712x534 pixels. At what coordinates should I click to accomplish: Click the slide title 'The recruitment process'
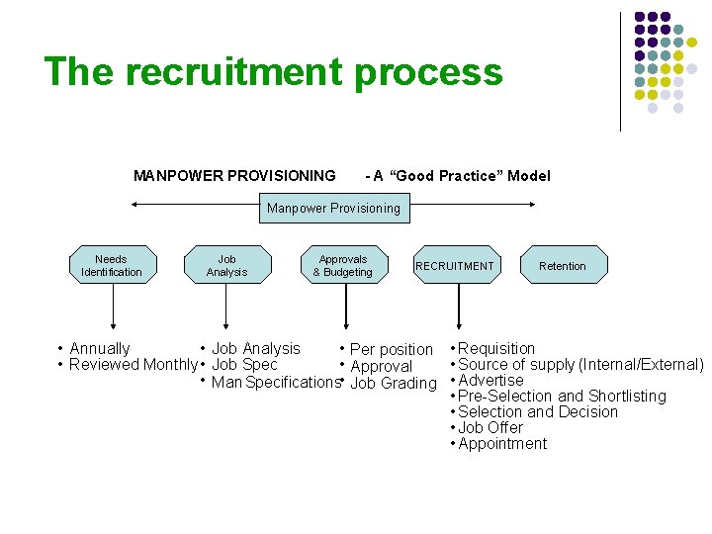pos(273,73)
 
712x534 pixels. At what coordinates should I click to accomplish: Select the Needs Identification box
pos(112,265)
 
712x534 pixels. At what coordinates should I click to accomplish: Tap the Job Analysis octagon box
pos(226,265)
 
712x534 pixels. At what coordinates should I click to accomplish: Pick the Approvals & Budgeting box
pos(343,265)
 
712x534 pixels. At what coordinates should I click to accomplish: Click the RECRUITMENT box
pos(455,265)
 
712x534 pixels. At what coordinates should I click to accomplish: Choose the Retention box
pos(563,265)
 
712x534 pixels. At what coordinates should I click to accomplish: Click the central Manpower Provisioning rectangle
pos(333,208)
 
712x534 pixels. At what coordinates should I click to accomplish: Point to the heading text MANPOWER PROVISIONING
pos(234,176)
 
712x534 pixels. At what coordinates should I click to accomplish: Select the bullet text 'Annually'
pos(100,348)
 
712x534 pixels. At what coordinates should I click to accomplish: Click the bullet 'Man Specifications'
pos(275,382)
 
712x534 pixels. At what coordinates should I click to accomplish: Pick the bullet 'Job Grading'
pos(394,383)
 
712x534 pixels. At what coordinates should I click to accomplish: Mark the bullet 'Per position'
pos(392,349)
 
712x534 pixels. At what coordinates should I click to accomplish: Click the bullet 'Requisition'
pos(496,348)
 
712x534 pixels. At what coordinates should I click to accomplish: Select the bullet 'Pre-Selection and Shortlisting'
pos(562,396)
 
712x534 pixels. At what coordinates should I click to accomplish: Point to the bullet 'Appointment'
pos(502,443)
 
